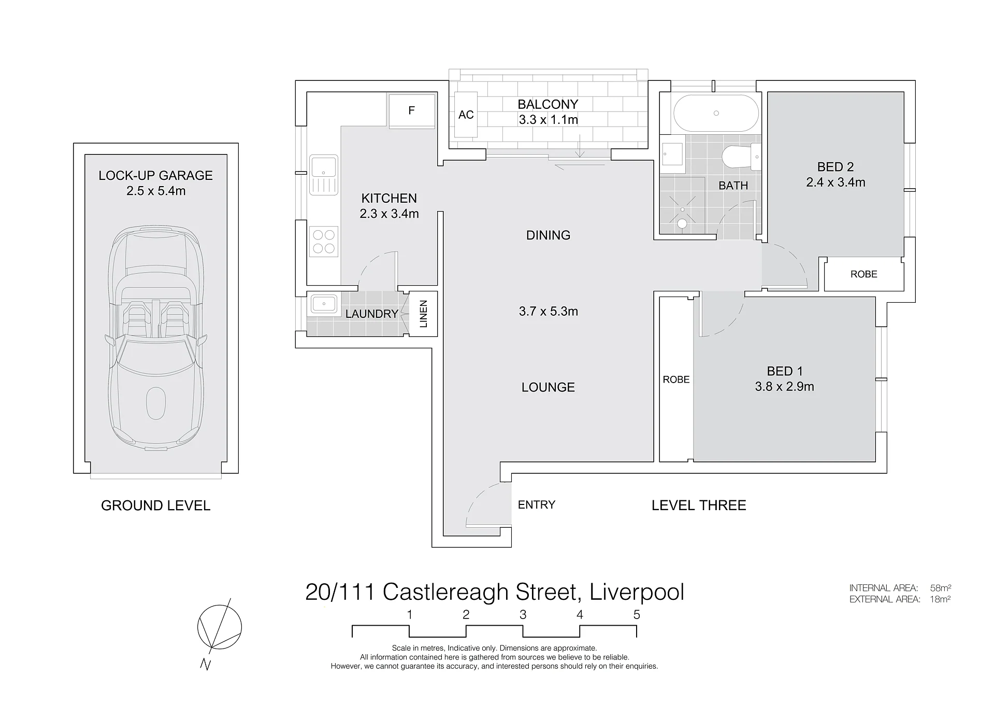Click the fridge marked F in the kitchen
tap(411, 110)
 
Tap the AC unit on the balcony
tap(466, 115)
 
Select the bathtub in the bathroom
tap(716, 113)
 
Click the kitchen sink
tap(324, 175)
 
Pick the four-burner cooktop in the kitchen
tap(324, 242)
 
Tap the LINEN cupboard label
tap(423, 314)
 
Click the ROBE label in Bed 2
tap(863, 274)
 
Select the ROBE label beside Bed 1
tap(676, 379)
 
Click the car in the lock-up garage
tap(156, 337)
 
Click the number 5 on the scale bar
tap(637, 615)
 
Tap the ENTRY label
tap(536, 505)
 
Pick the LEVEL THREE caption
tap(699, 505)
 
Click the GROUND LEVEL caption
tap(155, 505)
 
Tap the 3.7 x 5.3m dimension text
tap(548, 311)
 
